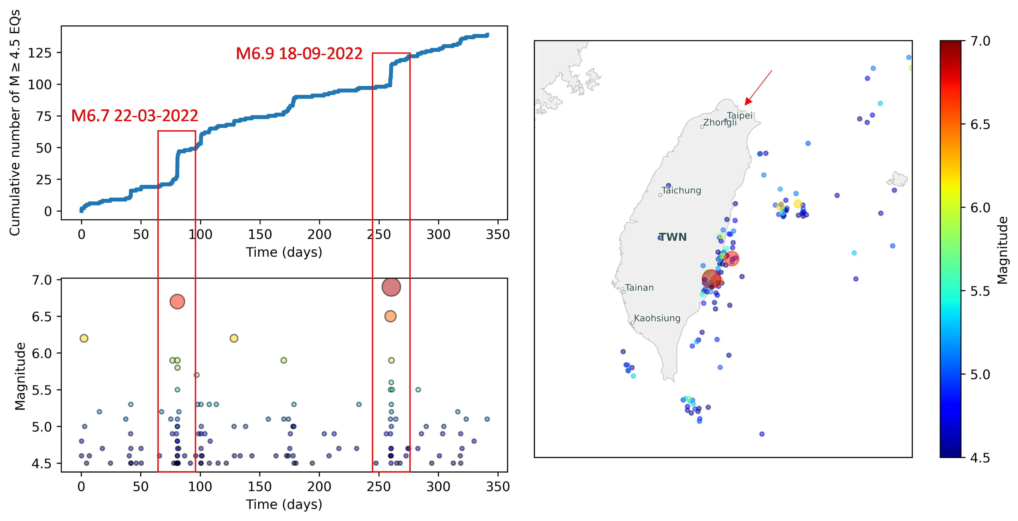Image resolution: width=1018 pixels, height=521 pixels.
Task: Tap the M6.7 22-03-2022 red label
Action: click(134, 116)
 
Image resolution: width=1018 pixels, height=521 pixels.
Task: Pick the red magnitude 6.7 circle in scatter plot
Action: click(177, 302)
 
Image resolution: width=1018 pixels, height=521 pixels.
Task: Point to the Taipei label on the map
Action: click(739, 115)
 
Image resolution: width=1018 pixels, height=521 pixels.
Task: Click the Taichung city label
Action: click(681, 191)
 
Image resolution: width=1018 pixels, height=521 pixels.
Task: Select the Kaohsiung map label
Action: click(657, 318)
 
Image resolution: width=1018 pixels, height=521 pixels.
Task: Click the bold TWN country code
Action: click(673, 237)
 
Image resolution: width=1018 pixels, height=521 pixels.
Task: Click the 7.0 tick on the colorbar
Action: click(980, 41)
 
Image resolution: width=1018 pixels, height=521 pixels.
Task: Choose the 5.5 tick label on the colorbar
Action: click(980, 291)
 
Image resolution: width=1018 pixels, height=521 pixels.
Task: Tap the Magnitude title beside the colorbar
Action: click(1003, 250)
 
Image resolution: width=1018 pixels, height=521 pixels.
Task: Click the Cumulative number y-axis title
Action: click(15, 122)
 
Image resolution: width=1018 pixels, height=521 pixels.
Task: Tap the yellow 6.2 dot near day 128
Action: click(234, 338)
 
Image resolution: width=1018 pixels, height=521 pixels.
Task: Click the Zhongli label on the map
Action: click(720, 122)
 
